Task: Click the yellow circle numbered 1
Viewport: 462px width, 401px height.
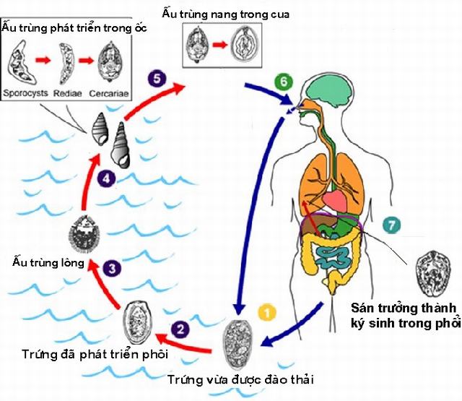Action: coord(267,313)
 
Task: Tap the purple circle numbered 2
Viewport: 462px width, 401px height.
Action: coord(180,329)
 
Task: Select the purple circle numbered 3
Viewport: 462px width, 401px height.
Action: coord(112,268)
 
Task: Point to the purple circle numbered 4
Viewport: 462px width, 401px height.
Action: coord(106,178)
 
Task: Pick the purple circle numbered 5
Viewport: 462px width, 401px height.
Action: coord(157,79)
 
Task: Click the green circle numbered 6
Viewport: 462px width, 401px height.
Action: coord(284,82)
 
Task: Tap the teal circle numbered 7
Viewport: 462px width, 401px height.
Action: coord(391,225)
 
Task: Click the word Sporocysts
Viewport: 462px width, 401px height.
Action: coord(25,93)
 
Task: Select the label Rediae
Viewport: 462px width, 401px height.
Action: coord(67,93)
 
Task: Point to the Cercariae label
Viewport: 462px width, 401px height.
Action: coord(109,93)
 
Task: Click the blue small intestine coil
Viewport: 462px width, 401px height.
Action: coord(333,257)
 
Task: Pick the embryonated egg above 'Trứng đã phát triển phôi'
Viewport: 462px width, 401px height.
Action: coord(137,322)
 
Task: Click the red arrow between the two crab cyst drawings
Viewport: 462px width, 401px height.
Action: coord(220,45)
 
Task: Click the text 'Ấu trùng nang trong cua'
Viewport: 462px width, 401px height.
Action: coord(225,14)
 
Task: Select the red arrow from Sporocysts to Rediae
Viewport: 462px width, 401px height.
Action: coord(43,60)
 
